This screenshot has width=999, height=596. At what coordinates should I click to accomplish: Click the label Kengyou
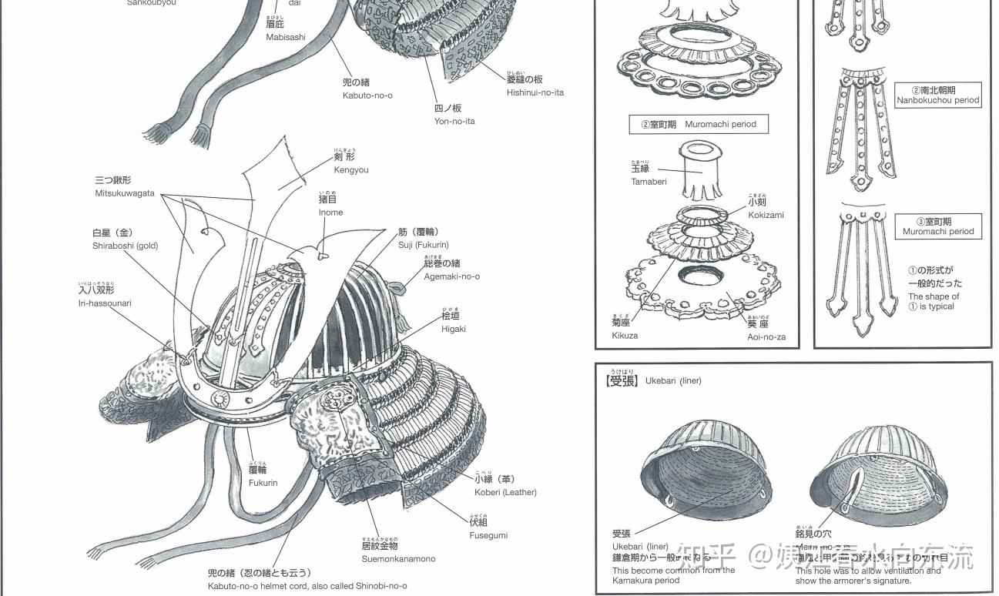coord(350,169)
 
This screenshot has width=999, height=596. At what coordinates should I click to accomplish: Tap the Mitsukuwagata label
coord(125,193)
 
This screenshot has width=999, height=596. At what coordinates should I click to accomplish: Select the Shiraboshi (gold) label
coord(125,246)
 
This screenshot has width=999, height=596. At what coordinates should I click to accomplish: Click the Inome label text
coord(330,212)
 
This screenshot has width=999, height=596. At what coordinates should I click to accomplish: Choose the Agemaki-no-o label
coord(451,276)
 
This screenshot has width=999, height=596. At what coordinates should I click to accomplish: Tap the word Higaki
coord(453,329)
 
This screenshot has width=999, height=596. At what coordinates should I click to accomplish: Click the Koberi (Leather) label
coord(505,492)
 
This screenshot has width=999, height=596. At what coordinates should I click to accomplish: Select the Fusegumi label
coord(488,535)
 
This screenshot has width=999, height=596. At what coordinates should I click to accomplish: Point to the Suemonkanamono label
coord(398,558)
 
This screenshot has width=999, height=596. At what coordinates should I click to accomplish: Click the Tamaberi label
coord(649,182)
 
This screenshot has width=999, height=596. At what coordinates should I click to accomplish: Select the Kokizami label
coord(766,215)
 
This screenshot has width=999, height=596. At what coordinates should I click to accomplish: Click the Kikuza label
coord(625,335)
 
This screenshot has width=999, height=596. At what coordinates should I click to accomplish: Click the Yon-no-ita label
coord(454,121)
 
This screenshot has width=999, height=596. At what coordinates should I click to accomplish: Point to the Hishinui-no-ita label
coord(535,92)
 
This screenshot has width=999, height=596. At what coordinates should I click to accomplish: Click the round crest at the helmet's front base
coord(220,398)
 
